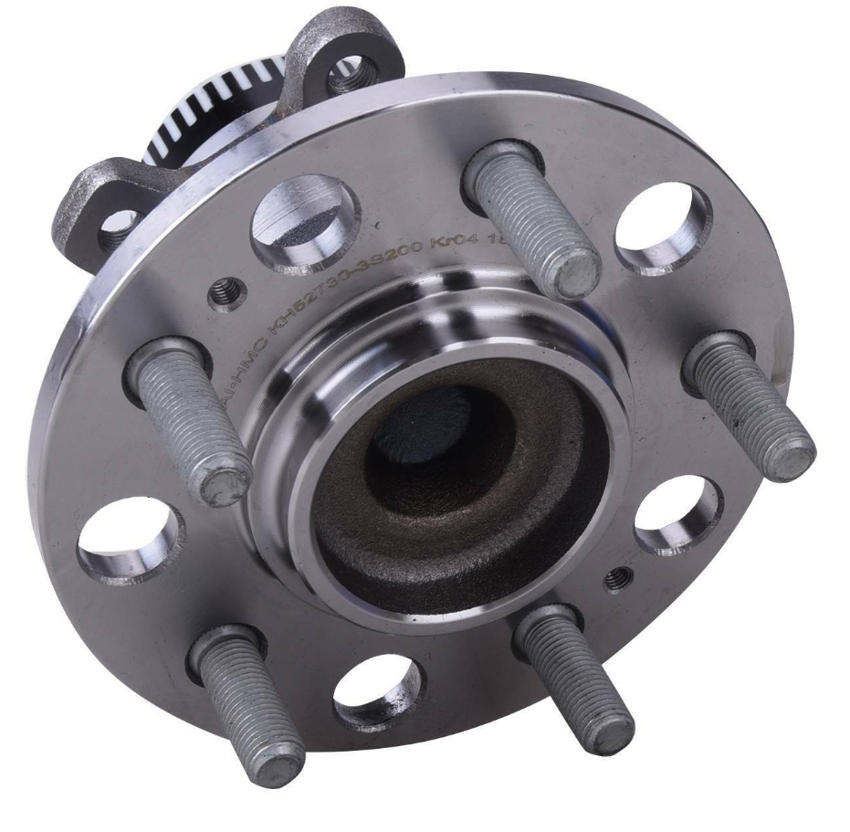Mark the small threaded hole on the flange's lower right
[x=618, y=577]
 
